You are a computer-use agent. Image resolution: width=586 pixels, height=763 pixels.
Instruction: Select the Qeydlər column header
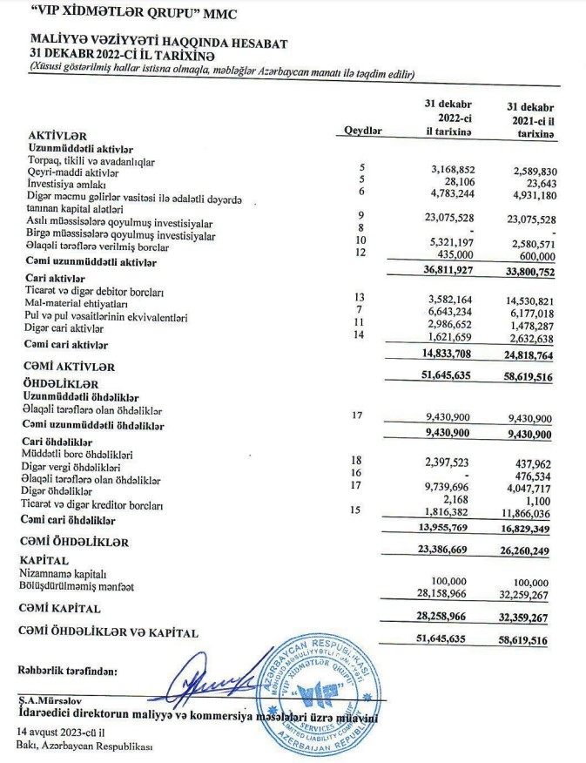[364, 130]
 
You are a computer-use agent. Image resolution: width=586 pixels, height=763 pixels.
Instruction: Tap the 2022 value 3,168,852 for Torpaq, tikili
[453, 167]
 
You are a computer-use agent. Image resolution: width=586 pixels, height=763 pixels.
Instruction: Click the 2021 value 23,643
[536, 183]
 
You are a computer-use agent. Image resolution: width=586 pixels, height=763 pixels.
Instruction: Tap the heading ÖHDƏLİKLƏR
[63, 383]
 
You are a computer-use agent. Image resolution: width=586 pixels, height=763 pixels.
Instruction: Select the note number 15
[355, 510]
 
